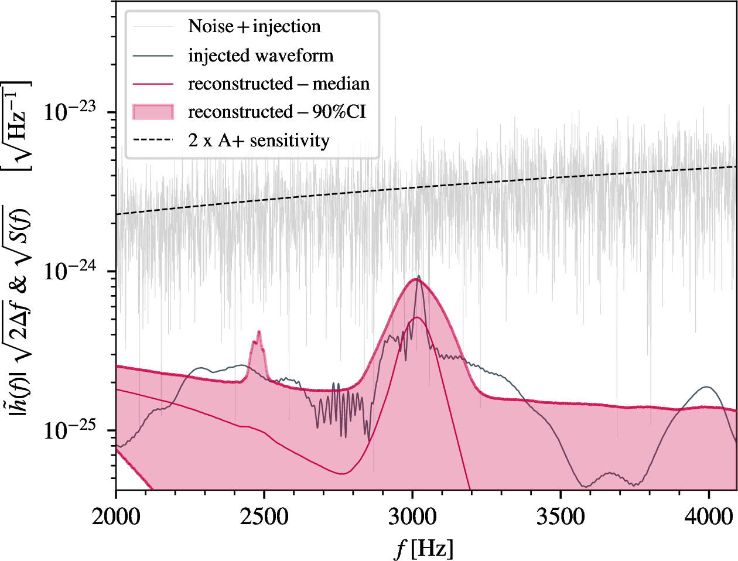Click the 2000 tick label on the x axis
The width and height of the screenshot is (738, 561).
(x=116, y=516)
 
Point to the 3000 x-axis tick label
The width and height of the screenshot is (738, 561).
(x=413, y=516)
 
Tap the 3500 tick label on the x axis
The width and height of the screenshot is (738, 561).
(x=561, y=516)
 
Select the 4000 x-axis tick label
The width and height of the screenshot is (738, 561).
(x=709, y=516)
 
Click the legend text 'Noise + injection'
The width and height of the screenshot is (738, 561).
(x=254, y=26)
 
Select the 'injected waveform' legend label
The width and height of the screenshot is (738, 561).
(x=261, y=56)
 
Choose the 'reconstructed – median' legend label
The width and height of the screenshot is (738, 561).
(x=279, y=84)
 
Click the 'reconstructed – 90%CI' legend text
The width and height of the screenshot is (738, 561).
(x=276, y=112)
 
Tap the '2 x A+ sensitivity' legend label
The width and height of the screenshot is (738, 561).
(x=258, y=141)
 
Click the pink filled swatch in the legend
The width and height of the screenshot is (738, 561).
(x=153, y=112)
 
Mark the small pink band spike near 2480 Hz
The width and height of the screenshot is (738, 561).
(x=258, y=332)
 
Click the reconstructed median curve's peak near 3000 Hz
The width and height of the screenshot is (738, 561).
(x=416, y=317)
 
